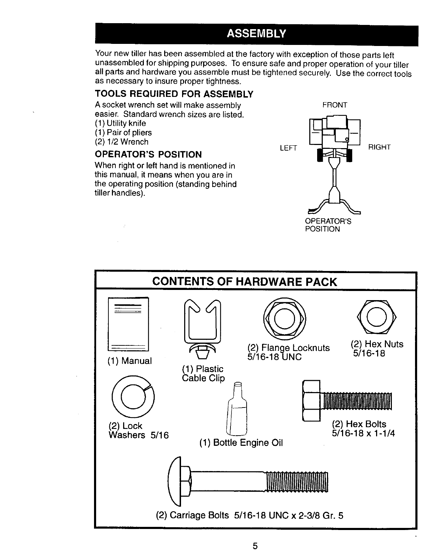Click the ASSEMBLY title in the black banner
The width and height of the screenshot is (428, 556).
pyautogui.click(x=256, y=34)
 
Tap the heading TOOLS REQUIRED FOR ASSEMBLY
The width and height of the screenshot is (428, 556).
pyautogui.click(x=174, y=94)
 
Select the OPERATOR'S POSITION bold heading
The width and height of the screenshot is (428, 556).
pyautogui.click(x=148, y=154)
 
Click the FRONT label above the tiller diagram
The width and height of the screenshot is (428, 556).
pyautogui.click(x=335, y=105)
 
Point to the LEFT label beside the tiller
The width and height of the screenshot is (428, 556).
pyautogui.click(x=288, y=148)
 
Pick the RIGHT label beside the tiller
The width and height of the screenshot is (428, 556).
pyautogui.click(x=379, y=147)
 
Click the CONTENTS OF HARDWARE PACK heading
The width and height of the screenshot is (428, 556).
pyautogui.click(x=244, y=282)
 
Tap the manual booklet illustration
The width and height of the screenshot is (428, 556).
pyautogui.click(x=128, y=324)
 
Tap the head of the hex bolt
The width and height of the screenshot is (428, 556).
pyautogui.click(x=311, y=401)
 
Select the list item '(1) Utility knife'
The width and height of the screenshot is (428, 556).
pyautogui.click(x=120, y=124)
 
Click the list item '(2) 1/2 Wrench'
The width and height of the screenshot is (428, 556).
pyautogui.click(x=122, y=142)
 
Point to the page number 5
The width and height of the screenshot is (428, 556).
pyautogui.click(x=255, y=546)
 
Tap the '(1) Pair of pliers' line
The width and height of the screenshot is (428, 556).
pyautogui.click(x=123, y=133)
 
